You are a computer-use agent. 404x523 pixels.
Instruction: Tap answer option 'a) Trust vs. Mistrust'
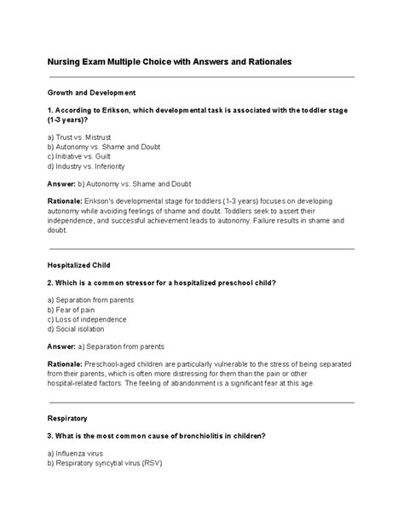tap(88, 137)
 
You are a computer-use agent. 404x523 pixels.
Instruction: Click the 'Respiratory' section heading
tap(67, 419)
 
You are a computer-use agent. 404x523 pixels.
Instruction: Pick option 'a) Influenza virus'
tap(83, 455)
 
